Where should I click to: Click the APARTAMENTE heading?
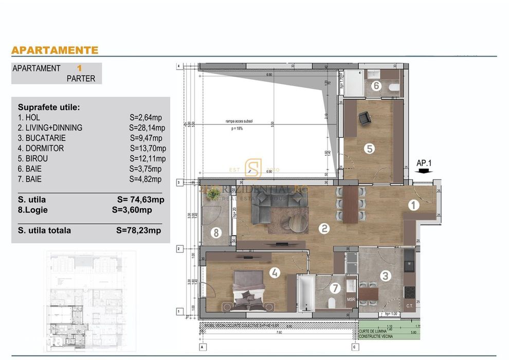click(54, 50)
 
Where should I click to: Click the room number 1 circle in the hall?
click(414, 205)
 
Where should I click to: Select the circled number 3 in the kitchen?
click(385, 276)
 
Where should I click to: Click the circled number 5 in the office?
click(376, 86)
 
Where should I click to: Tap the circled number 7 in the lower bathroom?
click(216, 233)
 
